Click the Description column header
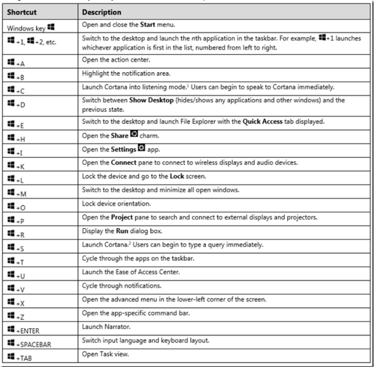(101, 11)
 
